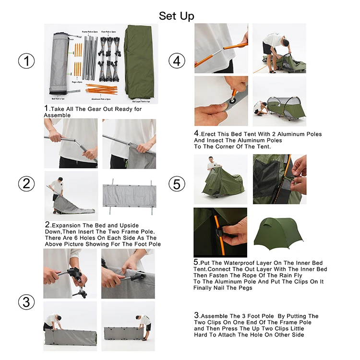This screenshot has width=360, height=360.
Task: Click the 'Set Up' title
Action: click(177, 16)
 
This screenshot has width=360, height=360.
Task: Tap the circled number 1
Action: click(27, 61)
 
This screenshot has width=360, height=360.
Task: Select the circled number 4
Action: click(177, 61)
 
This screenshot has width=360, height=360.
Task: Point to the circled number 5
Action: click(177, 183)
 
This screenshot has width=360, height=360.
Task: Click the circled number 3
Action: click(27, 302)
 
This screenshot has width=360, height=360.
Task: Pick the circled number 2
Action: click(27, 183)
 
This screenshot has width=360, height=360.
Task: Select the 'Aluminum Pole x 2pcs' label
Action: click(101, 98)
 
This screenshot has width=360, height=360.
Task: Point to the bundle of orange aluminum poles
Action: click(101, 89)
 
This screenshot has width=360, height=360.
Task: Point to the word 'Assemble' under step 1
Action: click(57, 115)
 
